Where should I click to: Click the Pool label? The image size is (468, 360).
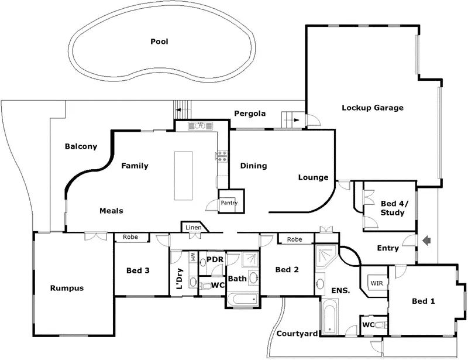click(x=159, y=42)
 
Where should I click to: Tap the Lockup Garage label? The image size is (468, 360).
click(x=373, y=108)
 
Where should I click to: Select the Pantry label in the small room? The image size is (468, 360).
click(x=229, y=203)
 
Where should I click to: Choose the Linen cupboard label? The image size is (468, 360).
click(x=193, y=228)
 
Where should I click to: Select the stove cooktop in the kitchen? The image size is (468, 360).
click(x=222, y=156)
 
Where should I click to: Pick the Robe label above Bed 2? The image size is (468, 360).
click(x=294, y=239)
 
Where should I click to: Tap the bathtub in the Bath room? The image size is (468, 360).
click(x=242, y=300)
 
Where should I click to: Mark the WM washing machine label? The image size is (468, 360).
click(x=192, y=257)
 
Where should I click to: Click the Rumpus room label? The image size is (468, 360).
click(x=67, y=288)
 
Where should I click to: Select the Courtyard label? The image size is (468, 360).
click(x=297, y=334)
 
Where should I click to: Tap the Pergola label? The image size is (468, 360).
click(x=250, y=113)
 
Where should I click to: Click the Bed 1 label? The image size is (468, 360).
click(x=424, y=301)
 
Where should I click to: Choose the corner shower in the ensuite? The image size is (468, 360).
click(x=325, y=256)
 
